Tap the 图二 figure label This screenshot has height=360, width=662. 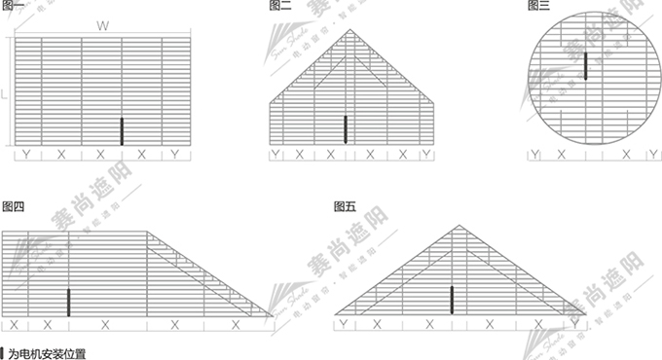coord(280,6)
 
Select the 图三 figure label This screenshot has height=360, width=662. coord(538,6)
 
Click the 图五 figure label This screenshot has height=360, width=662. coord(346,206)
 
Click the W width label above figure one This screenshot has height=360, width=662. coord(102,26)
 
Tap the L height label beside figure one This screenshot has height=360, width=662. coord(5,94)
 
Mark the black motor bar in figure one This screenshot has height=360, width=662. coord(122,131)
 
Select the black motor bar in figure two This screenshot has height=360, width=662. coord(346,128)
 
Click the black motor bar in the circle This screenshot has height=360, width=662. coord(586,66)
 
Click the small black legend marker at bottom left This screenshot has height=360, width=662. coord(3,352)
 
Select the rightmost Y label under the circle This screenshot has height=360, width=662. coord(653,154)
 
